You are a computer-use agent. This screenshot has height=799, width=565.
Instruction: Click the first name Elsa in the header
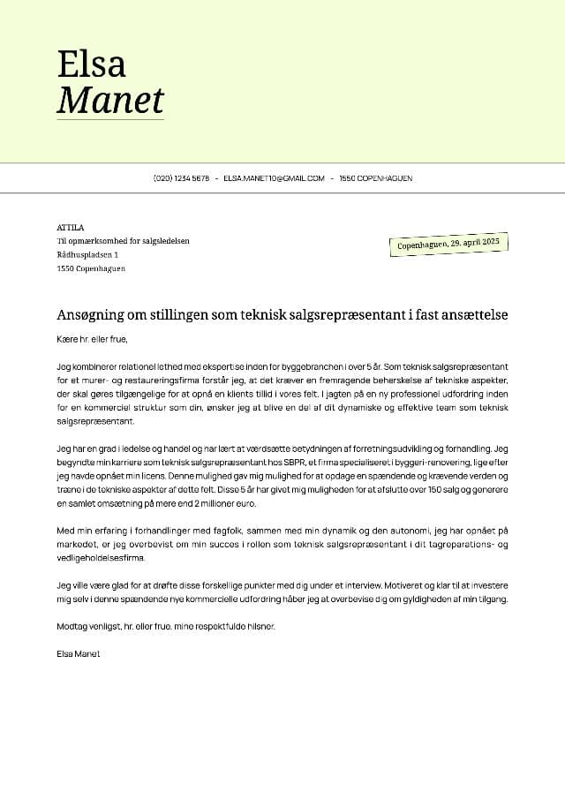click(91, 64)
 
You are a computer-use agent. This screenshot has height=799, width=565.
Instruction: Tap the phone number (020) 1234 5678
click(182, 178)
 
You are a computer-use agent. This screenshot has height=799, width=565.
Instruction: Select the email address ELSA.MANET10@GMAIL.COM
click(274, 178)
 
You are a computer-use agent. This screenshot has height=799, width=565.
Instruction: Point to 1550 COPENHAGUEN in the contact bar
click(375, 178)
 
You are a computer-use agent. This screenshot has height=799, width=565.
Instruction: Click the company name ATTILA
click(70, 227)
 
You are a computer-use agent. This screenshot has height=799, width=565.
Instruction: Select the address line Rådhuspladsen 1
click(87, 254)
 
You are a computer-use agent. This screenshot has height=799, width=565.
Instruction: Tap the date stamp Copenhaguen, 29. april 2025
click(448, 243)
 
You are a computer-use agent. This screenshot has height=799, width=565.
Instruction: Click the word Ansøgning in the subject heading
click(94, 315)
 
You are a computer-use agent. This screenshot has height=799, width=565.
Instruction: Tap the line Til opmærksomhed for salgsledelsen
click(123, 241)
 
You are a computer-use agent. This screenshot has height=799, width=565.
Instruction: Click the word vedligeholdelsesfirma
click(100, 558)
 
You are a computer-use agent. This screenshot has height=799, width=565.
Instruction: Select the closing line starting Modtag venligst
click(166, 626)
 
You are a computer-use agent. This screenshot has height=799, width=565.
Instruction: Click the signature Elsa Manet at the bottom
click(78, 653)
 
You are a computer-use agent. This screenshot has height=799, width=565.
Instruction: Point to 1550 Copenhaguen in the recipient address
click(91, 268)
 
